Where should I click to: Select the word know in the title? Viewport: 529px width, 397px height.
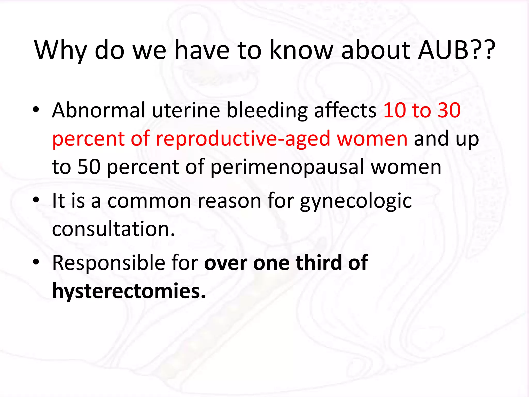point(301,50)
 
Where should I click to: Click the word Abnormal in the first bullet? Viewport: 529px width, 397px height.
point(99,110)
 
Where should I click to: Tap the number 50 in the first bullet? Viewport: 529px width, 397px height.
point(89,167)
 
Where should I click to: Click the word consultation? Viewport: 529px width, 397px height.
point(113,229)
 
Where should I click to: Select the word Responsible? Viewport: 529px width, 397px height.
point(108,263)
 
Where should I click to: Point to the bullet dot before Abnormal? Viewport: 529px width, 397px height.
point(36,110)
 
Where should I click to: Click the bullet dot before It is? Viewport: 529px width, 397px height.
point(36,200)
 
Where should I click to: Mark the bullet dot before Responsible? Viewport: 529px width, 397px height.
point(36,262)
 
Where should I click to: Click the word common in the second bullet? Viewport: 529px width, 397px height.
point(149,201)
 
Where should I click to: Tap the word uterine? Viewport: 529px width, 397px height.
point(185,110)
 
